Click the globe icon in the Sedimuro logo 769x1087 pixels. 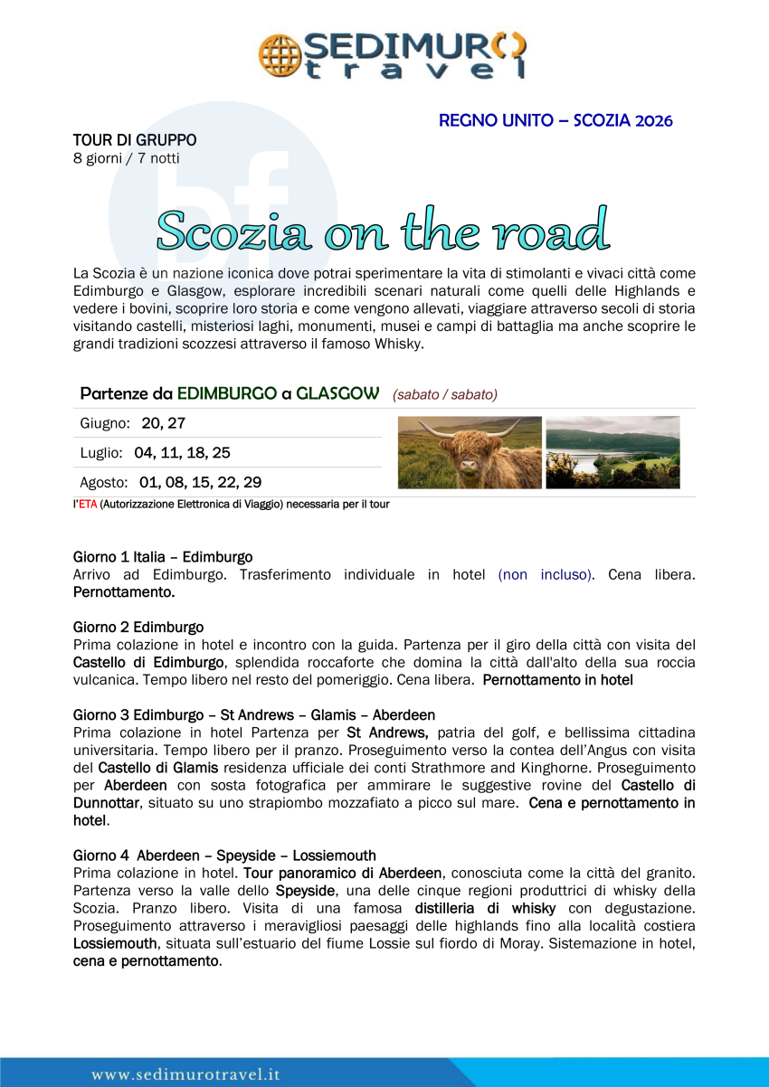pyautogui.click(x=279, y=54)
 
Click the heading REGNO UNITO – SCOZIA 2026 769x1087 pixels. pyautogui.click(x=555, y=120)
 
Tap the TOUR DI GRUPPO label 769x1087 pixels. pyautogui.click(x=135, y=140)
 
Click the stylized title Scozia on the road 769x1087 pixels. pyautogui.click(x=383, y=230)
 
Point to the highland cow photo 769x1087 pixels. pyautogui.click(x=470, y=452)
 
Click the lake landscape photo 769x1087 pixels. pyautogui.click(x=612, y=452)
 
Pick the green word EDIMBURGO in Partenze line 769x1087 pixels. pyautogui.click(x=227, y=393)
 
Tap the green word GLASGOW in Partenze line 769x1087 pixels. pyautogui.click(x=337, y=393)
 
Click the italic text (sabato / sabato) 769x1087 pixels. pyautogui.click(x=444, y=394)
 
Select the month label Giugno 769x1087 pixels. pyautogui.click(x=105, y=423)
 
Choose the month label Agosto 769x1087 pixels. pyautogui.click(x=104, y=483)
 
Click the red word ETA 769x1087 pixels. pyautogui.click(x=87, y=505)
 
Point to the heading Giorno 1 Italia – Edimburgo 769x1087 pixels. pyautogui.click(x=163, y=557)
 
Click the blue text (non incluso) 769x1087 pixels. pyautogui.click(x=546, y=574)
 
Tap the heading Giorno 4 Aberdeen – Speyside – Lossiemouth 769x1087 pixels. pyautogui.click(x=224, y=855)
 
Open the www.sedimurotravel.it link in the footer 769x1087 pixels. pyautogui.click(x=185, y=1074)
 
